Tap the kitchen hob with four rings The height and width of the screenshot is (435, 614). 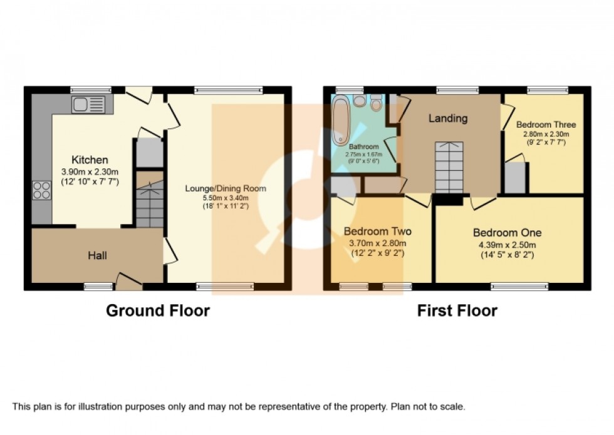[41, 189]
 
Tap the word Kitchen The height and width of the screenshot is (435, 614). [90, 160]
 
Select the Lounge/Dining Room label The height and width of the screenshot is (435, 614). [226, 188]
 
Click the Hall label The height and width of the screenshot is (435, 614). [97, 255]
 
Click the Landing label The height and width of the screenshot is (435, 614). [447, 118]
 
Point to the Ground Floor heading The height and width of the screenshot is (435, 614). [158, 310]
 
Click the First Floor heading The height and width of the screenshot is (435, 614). [457, 310]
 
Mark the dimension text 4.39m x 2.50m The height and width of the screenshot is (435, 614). [504, 245]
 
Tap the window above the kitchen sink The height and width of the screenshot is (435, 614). [87, 90]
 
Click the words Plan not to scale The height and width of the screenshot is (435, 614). [428, 407]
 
